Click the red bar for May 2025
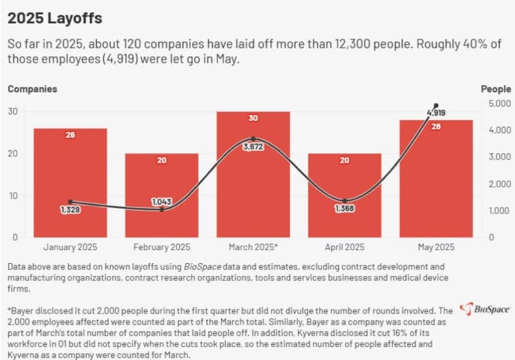[x=436, y=187]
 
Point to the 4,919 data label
[x=436, y=113]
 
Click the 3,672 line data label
[x=253, y=147]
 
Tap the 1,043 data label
[x=162, y=202]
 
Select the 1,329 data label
[x=70, y=210]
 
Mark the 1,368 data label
[x=344, y=209]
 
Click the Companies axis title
[x=32, y=89]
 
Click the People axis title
[x=496, y=89]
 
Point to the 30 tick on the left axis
[x=13, y=112]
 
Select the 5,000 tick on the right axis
[x=498, y=103]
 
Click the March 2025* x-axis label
[x=253, y=248]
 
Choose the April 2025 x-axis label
[x=344, y=248]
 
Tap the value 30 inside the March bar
[x=253, y=118]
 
